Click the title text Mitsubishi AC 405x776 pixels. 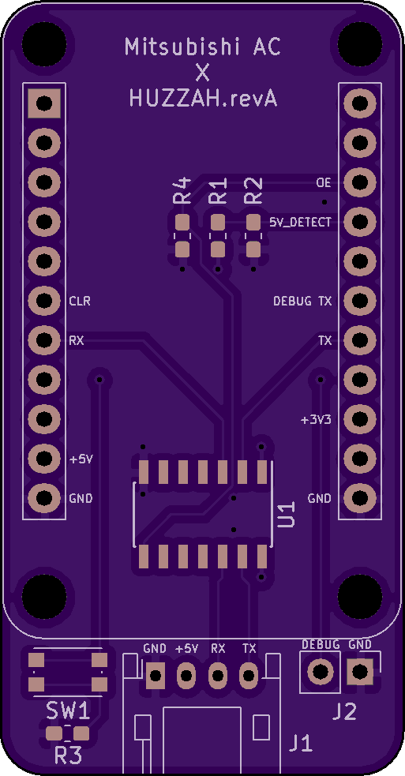pyautogui.click(x=202, y=47)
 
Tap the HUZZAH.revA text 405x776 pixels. pyautogui.click(x=202, y=99)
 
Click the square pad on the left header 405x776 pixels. pyautogui.click(x=44, y=103)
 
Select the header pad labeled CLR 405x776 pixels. pyautogui.click(x=44, y=301)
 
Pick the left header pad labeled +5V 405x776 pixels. pyautogui.click(x=44, y=459)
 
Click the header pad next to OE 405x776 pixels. pyautogui.click(x=360, y=182)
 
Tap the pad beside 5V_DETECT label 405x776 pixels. pyautogui.click(x=360, y=222)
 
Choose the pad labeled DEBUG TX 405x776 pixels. pyautogui.click(x=360, y=301)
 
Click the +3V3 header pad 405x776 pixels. pyautogui.click(x=360, y=419)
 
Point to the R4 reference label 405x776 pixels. pyautogui.click(x=182, y=191)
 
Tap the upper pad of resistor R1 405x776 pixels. pyautogui.click(x=218, y=222)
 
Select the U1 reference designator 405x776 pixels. pyautogui.click(x=286, y=514)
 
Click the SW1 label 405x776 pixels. pyautogui.click(x=69, y=711)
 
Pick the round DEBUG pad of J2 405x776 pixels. pyautogui.click(x=321, y=672)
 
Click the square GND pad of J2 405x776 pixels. pyautogui.click(x=360, y=672)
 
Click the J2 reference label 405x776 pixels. pyautogui.click(x=344, y=712)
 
